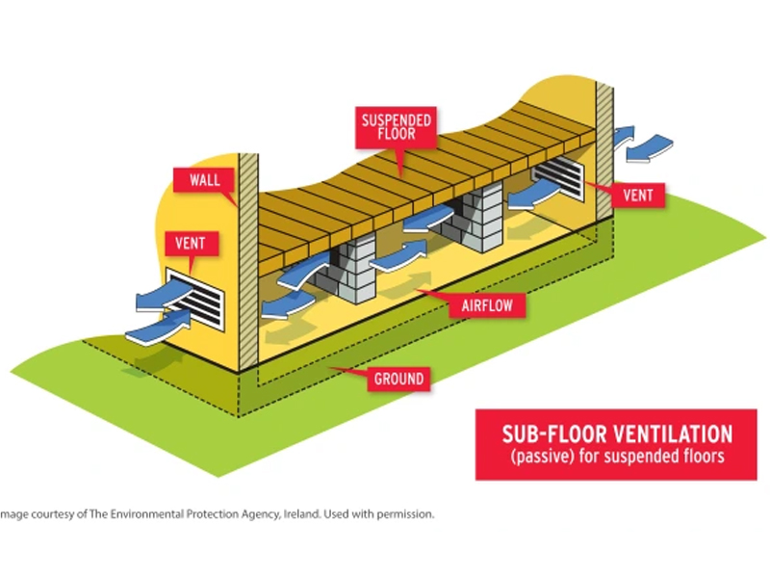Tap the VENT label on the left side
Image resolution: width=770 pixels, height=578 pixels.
click(191, 244)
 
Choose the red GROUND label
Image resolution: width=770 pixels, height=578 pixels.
click(397, 379)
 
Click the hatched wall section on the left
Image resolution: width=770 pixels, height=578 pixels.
click(247, 260)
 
